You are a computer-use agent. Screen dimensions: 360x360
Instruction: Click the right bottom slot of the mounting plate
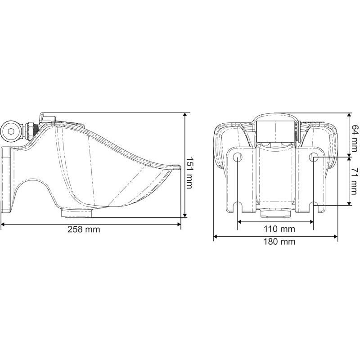point(314,208)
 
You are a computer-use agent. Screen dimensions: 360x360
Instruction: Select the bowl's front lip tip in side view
point(174,167)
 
